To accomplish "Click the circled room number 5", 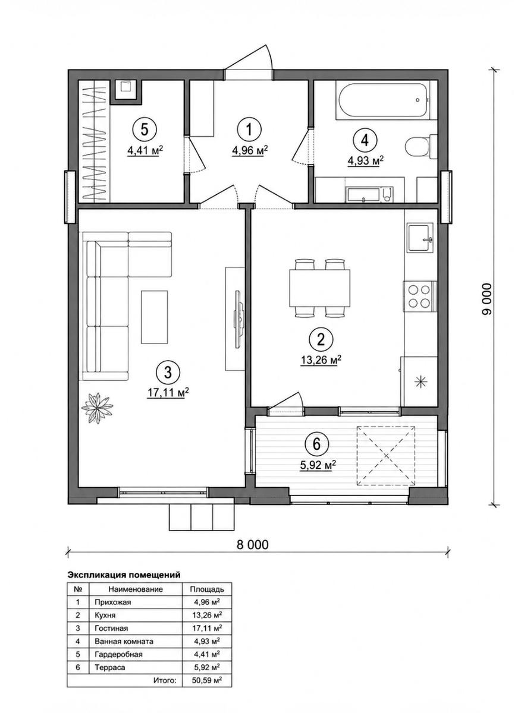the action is [145, 130].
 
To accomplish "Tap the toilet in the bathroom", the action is [420, 147].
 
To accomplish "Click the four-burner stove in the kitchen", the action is [420, 296].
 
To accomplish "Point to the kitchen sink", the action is [420, 238].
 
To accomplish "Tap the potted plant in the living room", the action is [97, 408].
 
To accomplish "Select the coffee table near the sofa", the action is [154, 317].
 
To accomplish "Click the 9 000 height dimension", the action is [487, 299].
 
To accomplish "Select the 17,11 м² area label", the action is [168, 393].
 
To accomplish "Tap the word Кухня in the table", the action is [105, 615].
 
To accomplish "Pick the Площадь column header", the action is [207, 589].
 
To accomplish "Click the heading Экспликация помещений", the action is [124, 575].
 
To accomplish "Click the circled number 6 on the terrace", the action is [316, 443].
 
